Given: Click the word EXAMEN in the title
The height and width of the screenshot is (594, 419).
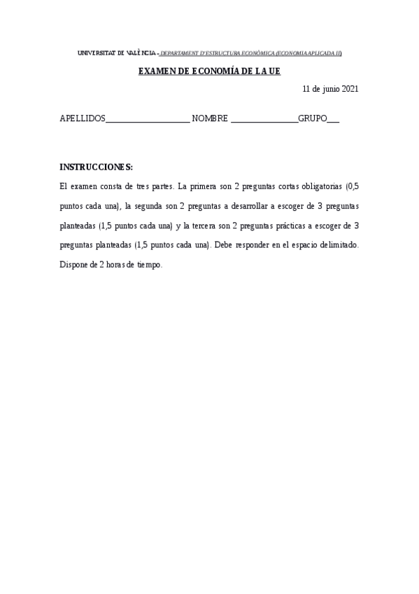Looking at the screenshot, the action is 155,71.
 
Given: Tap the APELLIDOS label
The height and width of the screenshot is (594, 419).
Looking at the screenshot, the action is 83,119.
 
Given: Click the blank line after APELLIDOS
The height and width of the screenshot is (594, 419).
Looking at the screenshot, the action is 148,120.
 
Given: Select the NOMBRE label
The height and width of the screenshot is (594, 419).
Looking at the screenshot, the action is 210,119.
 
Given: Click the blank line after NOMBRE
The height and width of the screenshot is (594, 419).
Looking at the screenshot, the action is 264,120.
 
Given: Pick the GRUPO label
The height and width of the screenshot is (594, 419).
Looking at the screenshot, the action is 313,119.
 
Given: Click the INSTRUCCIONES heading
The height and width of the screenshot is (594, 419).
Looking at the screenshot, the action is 96,167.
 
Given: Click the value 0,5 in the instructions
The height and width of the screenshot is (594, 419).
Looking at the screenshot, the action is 353,187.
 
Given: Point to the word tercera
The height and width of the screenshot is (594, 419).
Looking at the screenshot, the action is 206,226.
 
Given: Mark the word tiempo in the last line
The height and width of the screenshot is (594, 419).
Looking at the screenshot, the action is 148,265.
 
